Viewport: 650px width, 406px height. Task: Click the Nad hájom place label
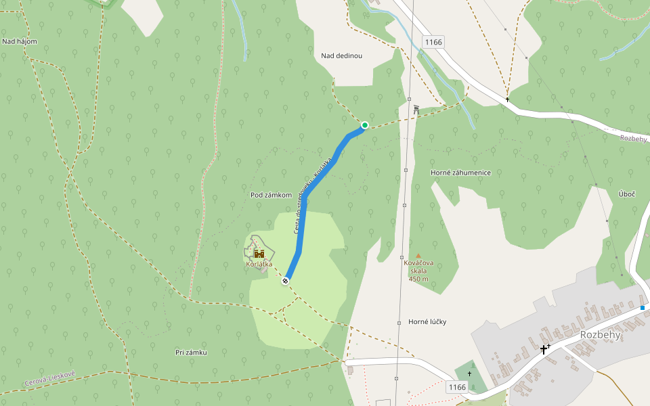[19, 41]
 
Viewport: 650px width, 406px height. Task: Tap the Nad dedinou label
[342, 55]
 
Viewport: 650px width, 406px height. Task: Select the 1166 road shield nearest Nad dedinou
[433, 42]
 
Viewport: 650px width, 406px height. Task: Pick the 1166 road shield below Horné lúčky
[458, 386]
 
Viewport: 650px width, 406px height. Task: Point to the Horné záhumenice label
[460, 173]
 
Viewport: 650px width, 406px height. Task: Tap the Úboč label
[627, 194]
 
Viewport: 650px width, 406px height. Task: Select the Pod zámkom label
[271, 195]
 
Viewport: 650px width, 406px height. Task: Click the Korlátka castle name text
[259, 264]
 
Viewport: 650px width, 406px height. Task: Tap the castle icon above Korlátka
[259, 254]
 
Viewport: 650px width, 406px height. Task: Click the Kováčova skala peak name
[418, 267]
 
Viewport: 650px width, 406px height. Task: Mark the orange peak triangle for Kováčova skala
[418, 255]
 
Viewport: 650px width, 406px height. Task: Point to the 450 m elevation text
[418, 279]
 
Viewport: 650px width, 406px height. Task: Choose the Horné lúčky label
[428, 321]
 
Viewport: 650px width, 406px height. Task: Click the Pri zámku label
[190, 353]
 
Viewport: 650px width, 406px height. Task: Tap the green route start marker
[365, 125]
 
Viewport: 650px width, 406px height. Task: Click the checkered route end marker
[286, 280]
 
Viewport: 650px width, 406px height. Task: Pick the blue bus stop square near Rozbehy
[642, 308]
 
